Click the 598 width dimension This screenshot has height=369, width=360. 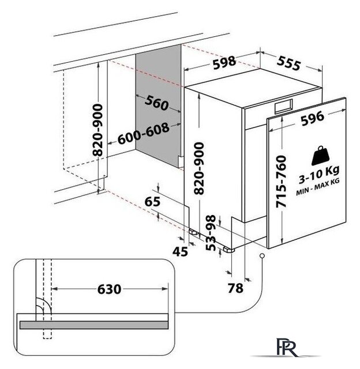coord(224,62)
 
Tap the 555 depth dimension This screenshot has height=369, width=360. coord(288,63)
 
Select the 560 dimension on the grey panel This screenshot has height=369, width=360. coord(156,103)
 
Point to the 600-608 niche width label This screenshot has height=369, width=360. coord(144,133)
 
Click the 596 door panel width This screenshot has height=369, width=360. coord(313,118)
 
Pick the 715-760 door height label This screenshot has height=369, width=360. coord(281,182)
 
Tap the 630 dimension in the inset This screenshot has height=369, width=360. coord(109,289)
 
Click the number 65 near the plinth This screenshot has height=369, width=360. coord(152,201)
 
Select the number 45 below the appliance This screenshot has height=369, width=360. coord(181,252)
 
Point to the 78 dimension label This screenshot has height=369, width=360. coord(235,288)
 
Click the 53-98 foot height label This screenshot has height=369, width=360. coord(211,233)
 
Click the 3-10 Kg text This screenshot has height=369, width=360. coord(319,175)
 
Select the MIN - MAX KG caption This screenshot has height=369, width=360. coord(318,187)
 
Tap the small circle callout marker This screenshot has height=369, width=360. coord(262,256)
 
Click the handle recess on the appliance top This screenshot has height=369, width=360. coord(283,106)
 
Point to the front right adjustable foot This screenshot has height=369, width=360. coord(228,250)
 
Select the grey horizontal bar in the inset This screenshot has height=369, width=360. coord(94,325)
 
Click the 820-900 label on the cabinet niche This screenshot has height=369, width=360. coord(97,130)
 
